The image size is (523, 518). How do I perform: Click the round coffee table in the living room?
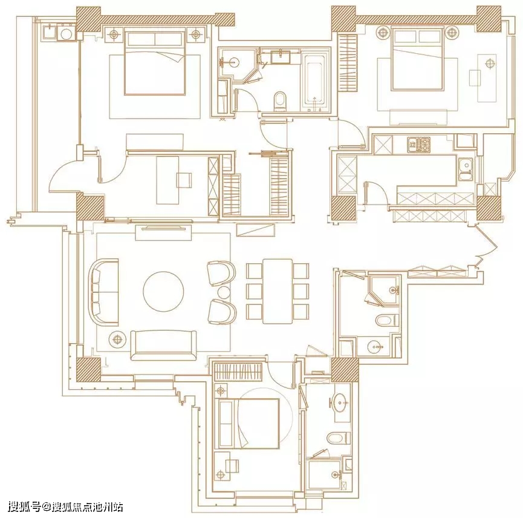(163, 291)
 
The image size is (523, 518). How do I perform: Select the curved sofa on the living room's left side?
(103, 292)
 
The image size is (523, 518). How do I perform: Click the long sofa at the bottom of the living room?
(163, 346)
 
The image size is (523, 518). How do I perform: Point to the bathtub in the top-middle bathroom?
(314, 83)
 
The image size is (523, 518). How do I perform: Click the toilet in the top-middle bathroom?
(279, 102)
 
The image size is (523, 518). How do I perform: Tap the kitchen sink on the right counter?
(466, 169)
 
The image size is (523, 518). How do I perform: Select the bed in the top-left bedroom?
(154, 62)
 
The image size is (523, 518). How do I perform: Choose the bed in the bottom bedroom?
(249, 423)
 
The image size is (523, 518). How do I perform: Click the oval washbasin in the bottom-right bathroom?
(340, 403)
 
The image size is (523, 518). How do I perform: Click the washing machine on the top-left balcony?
(67, 34)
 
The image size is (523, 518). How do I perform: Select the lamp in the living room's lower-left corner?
(117, 339)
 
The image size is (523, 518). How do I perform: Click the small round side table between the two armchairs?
(224, 293)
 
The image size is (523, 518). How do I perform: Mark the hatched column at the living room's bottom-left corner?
(88, 370)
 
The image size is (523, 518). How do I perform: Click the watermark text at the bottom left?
(66, 507)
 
